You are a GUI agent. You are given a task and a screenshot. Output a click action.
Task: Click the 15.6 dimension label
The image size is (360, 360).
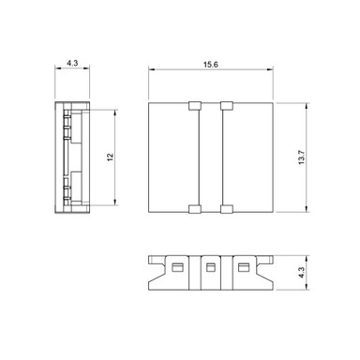211,65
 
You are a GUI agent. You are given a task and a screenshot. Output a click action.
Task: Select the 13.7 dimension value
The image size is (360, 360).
301,157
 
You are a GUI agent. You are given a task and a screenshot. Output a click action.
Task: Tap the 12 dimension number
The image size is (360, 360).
111,157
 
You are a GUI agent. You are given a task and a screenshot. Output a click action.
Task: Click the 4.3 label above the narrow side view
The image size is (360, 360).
72,63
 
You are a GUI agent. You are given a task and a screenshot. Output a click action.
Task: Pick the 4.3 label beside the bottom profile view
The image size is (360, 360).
301,273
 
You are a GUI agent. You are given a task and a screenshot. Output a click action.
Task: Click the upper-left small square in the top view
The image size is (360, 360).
195,106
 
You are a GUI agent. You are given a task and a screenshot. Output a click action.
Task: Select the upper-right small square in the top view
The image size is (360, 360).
227,106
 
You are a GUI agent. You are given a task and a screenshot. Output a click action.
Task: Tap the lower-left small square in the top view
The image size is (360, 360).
195,209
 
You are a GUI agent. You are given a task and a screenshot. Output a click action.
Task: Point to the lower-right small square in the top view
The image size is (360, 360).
227,209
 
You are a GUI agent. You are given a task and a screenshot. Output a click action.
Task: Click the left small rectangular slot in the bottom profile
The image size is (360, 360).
177,267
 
